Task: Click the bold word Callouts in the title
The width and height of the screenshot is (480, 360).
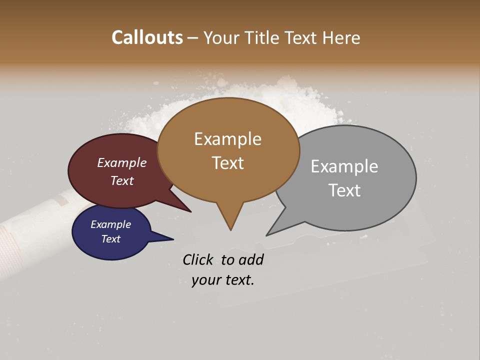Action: pos(147,37)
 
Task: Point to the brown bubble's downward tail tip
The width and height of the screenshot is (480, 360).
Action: pos(230,230)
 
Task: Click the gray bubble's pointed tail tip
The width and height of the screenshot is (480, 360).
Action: pos(266,235)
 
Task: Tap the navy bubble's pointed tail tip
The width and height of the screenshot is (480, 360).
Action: pos(173,239)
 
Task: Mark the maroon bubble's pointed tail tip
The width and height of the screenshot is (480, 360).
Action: pos(191,212)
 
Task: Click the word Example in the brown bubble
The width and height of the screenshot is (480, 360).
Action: pos(227,139)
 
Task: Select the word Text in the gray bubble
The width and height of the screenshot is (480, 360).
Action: pos(344,190)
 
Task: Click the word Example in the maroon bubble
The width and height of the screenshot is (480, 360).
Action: pos(121,162)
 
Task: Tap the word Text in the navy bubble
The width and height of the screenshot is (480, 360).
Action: pos(111,239)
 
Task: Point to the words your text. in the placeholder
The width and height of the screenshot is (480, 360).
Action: pos(223,280)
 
